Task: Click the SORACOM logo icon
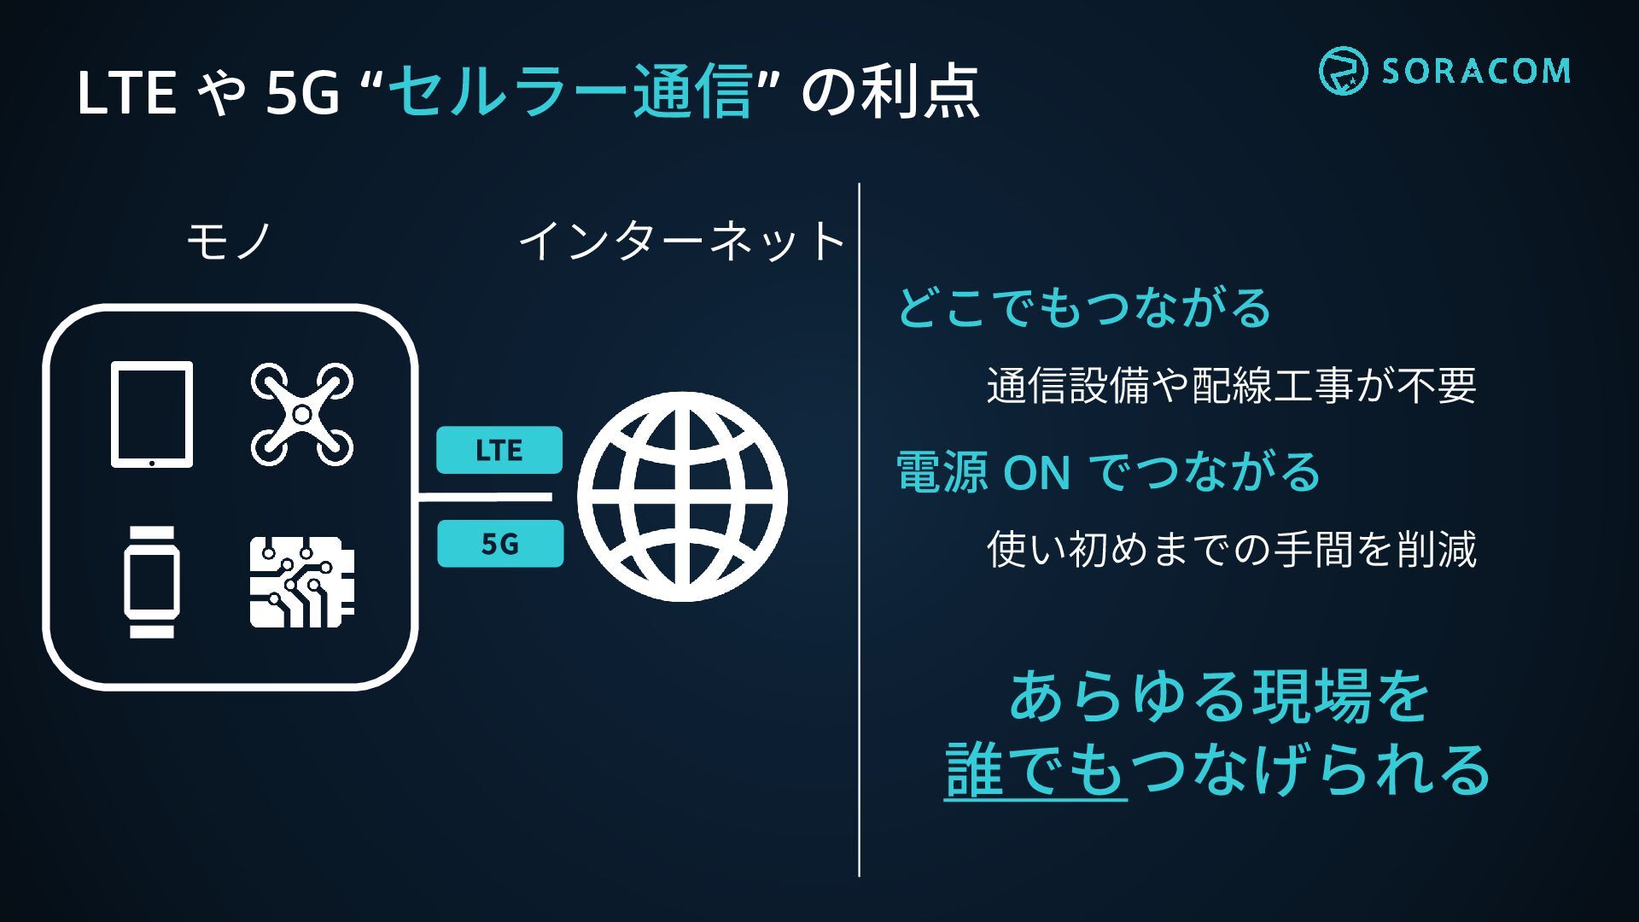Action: pos(1343,70)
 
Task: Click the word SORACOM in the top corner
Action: pos(1476,71)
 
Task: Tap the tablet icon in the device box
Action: pos(152,415)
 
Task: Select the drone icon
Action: pos(301,415)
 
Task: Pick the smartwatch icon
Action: pos(152,581)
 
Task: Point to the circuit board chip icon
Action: pos(301,581)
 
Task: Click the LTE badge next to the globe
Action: pos(499,450)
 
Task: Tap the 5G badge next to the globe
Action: pos(500,544)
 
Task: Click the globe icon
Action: pos(682,497)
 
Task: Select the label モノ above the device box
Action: pos(229,241)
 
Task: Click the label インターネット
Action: pos(681,241)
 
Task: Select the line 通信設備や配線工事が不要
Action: pos(1231,386)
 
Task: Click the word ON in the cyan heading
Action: pos(1036,472)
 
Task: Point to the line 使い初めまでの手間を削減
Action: pos(1231,549)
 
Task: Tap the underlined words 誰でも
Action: pos(1035,769)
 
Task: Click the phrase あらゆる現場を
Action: pos(1219,697)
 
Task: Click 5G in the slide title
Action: pos(302,93)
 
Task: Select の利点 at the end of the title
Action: pos(889,91)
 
